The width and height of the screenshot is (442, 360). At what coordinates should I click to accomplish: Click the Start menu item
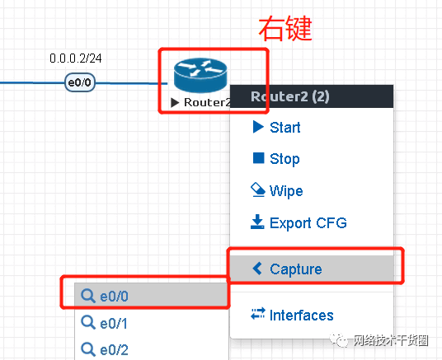tap(276, 127)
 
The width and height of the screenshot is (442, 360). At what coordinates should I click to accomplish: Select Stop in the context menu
tap(276, 159)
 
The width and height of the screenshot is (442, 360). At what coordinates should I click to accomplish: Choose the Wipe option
tap(276, 190)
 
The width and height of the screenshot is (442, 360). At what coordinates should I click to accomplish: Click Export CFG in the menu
tap(299, 222)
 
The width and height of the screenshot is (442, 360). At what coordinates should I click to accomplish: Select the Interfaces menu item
tap(292, 315)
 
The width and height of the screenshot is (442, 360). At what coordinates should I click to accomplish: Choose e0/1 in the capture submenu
tap(104, 323)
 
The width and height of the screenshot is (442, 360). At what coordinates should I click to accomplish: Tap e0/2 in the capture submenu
tap(105, 349)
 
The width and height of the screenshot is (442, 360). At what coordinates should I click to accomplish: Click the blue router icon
tap(200, 75)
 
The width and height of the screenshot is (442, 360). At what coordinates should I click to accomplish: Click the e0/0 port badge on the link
tap(80, 82)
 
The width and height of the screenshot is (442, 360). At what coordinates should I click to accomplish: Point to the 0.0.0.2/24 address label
tap(76, 58)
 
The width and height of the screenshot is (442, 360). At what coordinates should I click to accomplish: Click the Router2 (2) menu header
tap(312, 96)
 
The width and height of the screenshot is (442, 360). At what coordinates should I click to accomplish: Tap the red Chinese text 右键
tap(285, 29)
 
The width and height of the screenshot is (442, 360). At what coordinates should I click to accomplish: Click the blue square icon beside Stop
tap(258, 158)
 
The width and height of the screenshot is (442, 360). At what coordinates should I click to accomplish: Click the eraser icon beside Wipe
tap(257, 190)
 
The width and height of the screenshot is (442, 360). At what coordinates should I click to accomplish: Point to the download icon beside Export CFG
tap(257, 222)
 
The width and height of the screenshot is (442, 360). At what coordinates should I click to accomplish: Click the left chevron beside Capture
tap(257, 269)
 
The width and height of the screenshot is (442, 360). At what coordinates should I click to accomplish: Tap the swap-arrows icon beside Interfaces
tap(258, 313)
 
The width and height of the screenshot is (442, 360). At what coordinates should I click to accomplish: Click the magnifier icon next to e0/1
tap(88, 323)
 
